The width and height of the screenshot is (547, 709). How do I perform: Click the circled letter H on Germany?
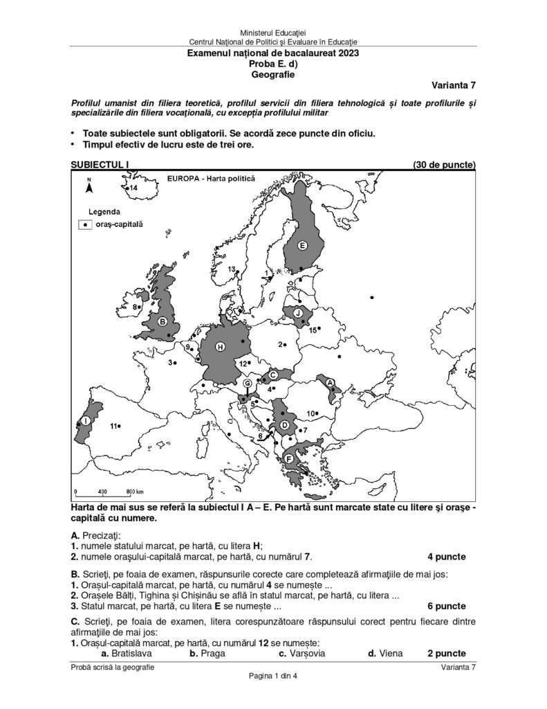[x=220, y=347]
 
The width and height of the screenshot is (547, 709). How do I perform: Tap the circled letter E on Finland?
[x=302, y=245]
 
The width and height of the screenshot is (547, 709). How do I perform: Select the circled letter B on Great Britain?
[x=163, y=321]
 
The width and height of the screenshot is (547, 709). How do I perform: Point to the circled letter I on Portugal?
[x=84, y=420]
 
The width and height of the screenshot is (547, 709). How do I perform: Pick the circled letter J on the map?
[x=297, y=313]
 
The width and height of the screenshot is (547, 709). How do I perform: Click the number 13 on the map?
[x=232, y=269]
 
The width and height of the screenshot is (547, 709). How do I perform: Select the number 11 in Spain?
[x=113, y=426]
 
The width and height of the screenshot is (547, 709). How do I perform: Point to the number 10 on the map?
[x=310, y=413]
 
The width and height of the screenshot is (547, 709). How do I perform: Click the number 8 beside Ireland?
[x=135, y=306]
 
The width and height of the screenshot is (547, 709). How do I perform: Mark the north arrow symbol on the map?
[x=89, y=185]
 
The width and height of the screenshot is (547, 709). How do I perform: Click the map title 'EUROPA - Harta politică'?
[x=211, y=178]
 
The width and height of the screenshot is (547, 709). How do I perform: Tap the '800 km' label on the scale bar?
[x=134, y=492]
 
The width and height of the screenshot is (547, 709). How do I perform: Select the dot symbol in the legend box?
[x=86, y=224]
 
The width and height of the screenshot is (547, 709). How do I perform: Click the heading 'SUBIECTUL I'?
[x=100, y=165]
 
